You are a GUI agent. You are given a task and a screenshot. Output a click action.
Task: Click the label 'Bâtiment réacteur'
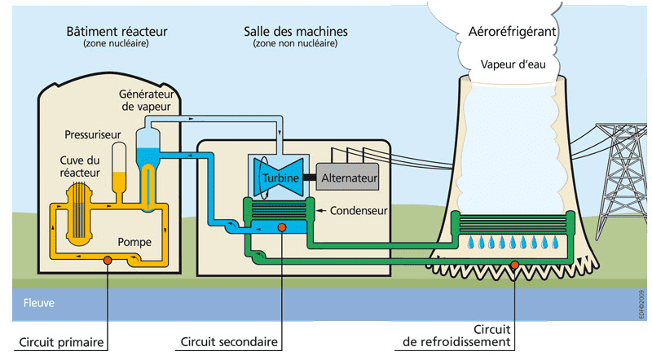[x=117, y=31]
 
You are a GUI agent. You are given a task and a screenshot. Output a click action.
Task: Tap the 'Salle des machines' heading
[x=296, y=31]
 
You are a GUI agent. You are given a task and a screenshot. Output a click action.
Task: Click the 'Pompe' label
[x=134, y=241]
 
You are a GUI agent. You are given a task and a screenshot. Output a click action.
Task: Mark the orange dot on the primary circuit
[x=107, y=261]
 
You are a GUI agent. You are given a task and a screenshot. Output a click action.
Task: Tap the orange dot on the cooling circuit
[x=514, y=263]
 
